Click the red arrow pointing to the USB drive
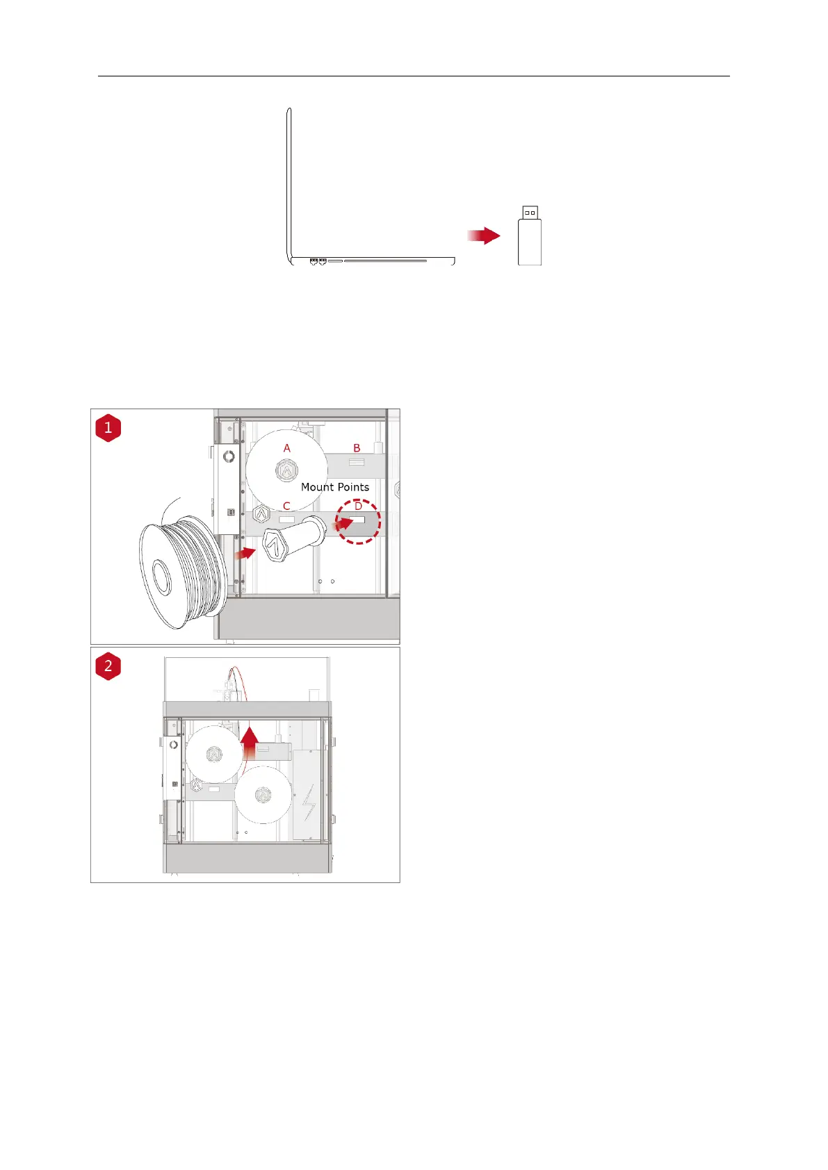[484, 236]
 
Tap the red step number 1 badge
[108, 428]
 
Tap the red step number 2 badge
[108, 666]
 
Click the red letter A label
[286, 449]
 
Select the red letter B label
[357, 449]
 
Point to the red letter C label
[286, 506]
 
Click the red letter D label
[358, 506]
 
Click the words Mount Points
[335, 487]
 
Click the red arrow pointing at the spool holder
[245, 553]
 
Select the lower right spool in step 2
[263, 794]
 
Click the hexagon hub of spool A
[286, 470]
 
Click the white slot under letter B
[356, 462]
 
